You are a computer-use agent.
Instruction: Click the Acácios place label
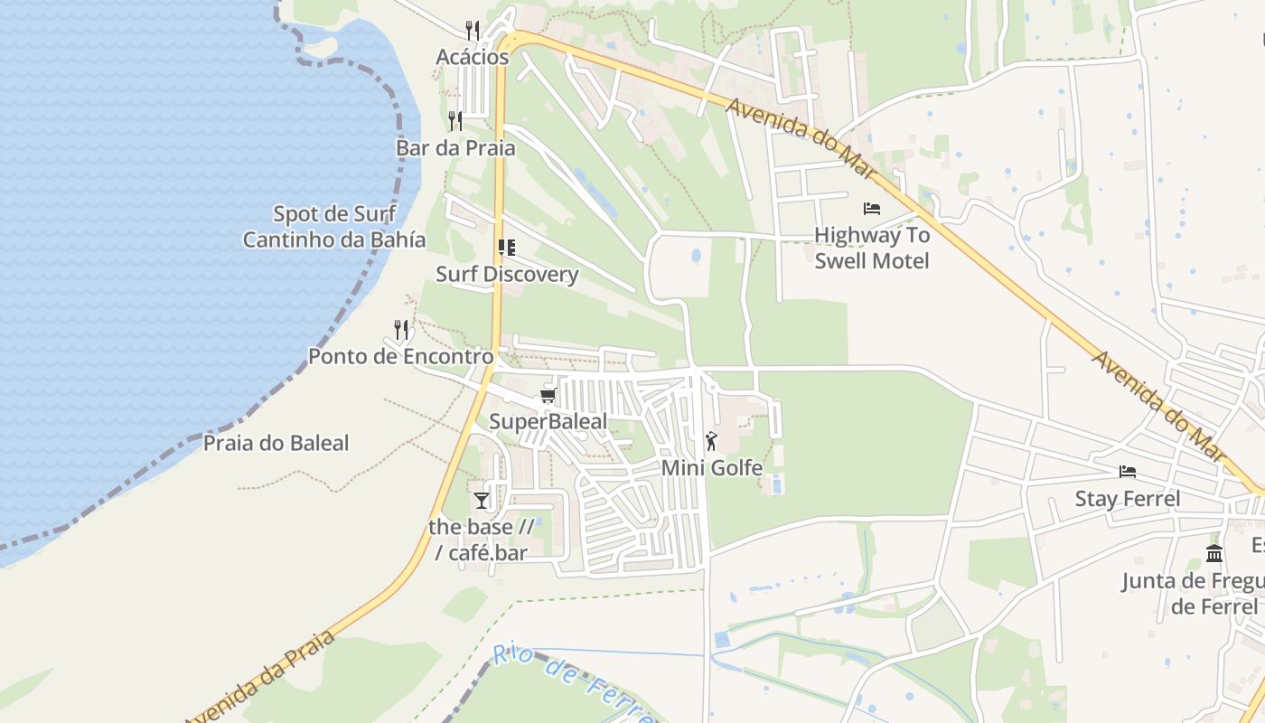473,57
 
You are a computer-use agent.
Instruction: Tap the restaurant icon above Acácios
472,30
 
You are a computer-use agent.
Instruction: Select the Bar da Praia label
455,148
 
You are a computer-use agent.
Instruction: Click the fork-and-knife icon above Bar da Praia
455,120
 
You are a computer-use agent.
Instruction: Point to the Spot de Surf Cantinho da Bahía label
334,227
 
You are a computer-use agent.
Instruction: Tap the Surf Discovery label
507,274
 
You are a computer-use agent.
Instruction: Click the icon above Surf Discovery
507,247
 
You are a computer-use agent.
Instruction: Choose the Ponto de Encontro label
401,356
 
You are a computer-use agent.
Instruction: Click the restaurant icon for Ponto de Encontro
401,329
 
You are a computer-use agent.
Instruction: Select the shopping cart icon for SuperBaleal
548,396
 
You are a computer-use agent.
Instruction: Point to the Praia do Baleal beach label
276,443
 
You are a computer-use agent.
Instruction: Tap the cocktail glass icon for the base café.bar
481,500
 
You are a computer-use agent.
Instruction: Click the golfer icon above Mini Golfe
712,441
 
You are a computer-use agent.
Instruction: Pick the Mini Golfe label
712,468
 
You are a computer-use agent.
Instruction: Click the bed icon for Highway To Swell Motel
872,209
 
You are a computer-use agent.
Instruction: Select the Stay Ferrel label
1127,499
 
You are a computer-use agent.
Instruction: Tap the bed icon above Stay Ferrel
1127,472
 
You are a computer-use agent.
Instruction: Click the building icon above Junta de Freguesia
1214,553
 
